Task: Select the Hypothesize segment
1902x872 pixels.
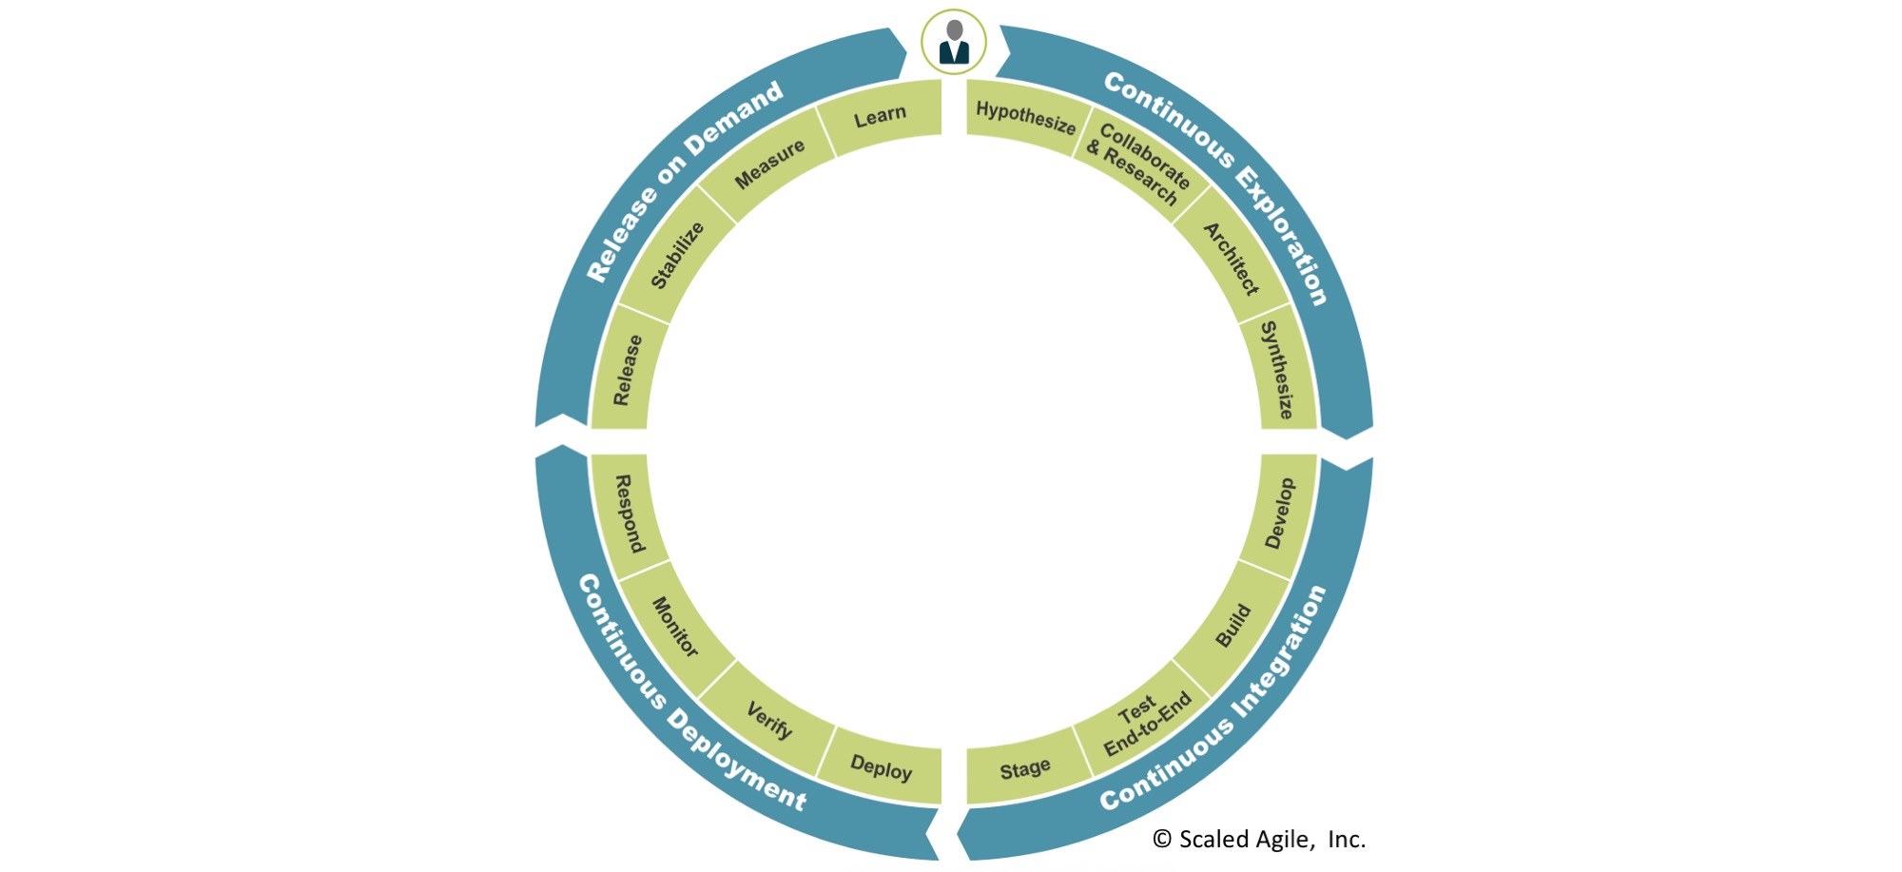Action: (1025, 118)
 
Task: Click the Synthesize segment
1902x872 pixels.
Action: (1278, 369)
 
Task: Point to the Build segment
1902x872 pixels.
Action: (1233, 626)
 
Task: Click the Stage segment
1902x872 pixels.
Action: (1025, 769)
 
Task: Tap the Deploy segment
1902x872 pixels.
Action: (881, 767)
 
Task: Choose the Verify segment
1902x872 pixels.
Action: (769, 720)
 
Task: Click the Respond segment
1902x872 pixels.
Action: (629, 514)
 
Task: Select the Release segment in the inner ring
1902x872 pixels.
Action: (627, 370)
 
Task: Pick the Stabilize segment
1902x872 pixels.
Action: (676, 255)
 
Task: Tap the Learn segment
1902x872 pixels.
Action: (880, 117)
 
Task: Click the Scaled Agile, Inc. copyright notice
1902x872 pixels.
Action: (1259, 839)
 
